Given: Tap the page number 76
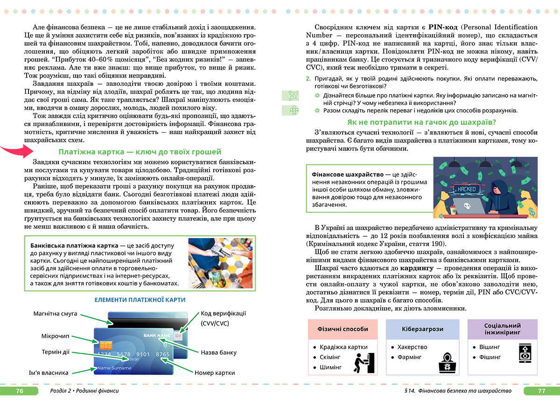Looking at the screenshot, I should [x=19, y=391].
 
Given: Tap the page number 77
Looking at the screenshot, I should [x=541, y=391].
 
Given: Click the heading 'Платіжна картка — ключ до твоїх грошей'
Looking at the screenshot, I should [x=140, y=152].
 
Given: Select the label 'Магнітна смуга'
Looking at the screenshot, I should [x=55, y=313].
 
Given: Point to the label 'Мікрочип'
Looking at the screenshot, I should [x=55, y=336].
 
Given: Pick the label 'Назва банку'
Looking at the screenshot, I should [x=218, y=353].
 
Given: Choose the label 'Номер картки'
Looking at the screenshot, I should [x=215, y=373].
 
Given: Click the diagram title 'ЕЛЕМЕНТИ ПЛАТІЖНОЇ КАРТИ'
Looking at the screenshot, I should [x=140, y=300].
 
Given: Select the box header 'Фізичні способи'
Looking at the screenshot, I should [x=343, y=329].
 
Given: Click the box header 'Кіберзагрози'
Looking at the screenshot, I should [x=422, y=329].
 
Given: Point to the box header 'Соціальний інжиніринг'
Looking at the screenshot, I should [x=503, y=329].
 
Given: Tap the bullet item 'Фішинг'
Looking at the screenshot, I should [x=490, y=357].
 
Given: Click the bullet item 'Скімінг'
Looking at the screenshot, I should [x=330, y=357].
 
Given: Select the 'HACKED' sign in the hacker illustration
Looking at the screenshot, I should [x=467, y=189].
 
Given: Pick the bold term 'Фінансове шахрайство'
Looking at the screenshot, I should [x=348, y=174].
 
